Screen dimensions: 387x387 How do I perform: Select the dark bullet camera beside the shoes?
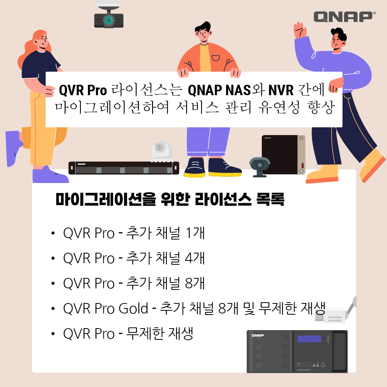pos(259,166)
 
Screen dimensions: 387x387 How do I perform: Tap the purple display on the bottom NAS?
pos(309,339)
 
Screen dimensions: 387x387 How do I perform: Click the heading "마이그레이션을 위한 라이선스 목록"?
pos(170,200)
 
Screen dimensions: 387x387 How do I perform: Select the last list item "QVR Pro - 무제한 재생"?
pos(128,334)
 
